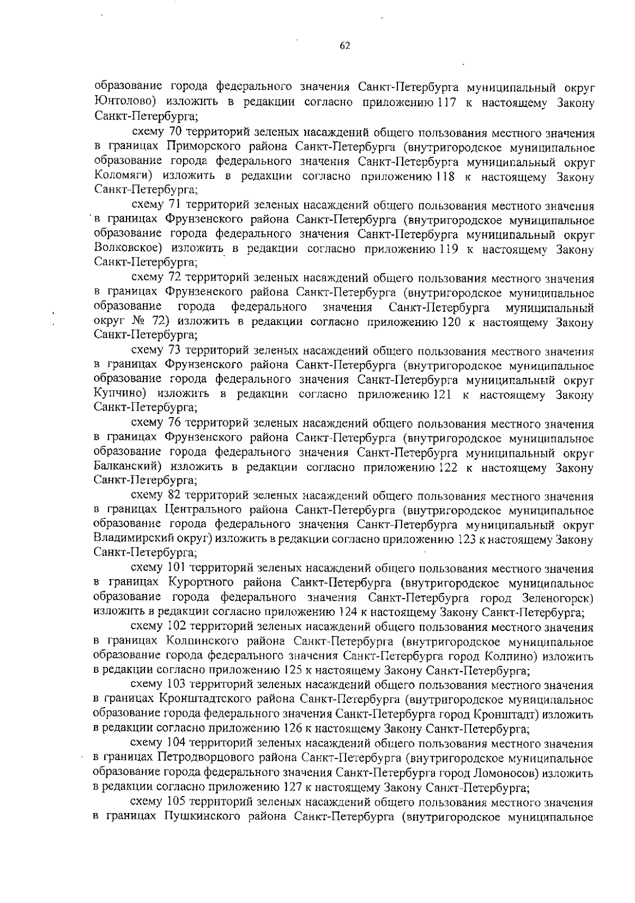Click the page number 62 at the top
(344, 46)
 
